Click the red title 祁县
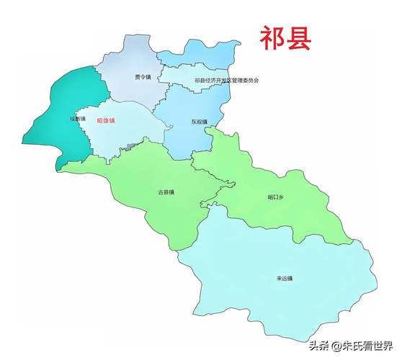click(285, 38)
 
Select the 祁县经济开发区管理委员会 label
click(226, 80)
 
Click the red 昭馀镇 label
click(107, 121)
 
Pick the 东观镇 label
click(200, 122)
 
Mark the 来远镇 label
click(285, 278)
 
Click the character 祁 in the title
click(272, 38)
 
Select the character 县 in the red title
click(298, 38)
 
